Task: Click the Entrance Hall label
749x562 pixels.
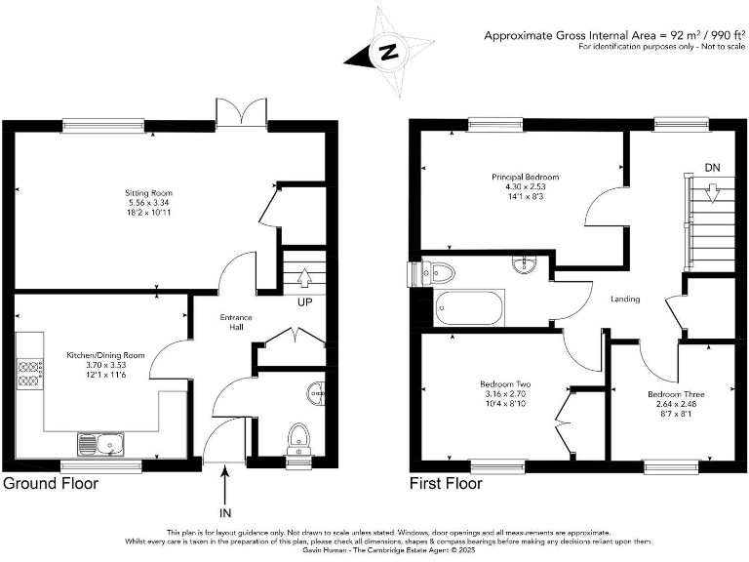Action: point(236,322)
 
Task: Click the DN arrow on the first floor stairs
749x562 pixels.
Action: point(714,193)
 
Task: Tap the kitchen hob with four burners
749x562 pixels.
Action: point(29,369)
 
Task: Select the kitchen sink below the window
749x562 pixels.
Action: point(101,445)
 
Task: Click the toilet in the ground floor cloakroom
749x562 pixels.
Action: point(297,434)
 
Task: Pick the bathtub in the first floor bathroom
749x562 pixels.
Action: point(470,309)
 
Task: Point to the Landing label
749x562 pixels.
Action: point(625,299)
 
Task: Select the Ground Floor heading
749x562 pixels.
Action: point(51,483)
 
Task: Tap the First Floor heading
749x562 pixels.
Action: point(447,483)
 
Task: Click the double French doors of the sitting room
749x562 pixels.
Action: point(241,111)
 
